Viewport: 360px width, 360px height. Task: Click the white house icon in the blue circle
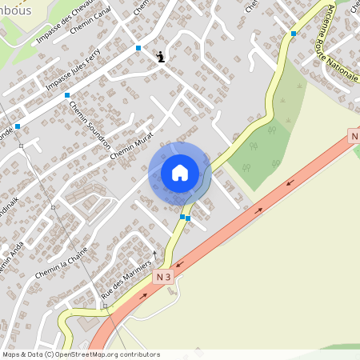[180, 173]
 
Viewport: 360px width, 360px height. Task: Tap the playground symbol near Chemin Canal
[162, 56]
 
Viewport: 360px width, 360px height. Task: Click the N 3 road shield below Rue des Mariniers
[164, 277]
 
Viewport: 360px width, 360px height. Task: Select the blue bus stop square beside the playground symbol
[138, 48]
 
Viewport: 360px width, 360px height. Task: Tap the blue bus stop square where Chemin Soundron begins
[67, 95]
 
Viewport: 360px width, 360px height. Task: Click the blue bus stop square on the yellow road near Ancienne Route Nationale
[294, 34]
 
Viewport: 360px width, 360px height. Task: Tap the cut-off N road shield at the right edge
[354, 137]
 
